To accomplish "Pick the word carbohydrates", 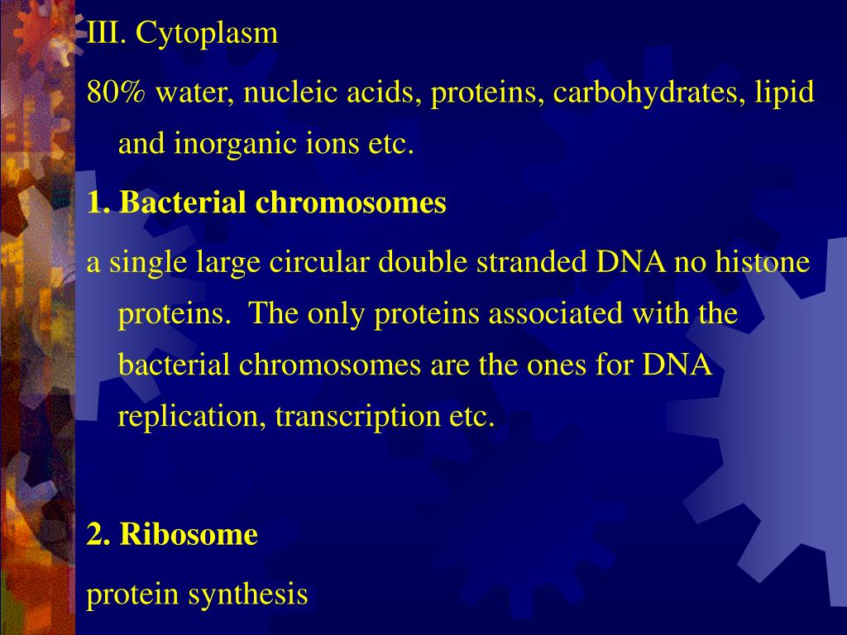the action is coord(645,93).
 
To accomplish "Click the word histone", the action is coord(763,261).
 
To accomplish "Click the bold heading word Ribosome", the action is coord(189,534).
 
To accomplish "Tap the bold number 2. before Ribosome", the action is coord(98,535).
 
